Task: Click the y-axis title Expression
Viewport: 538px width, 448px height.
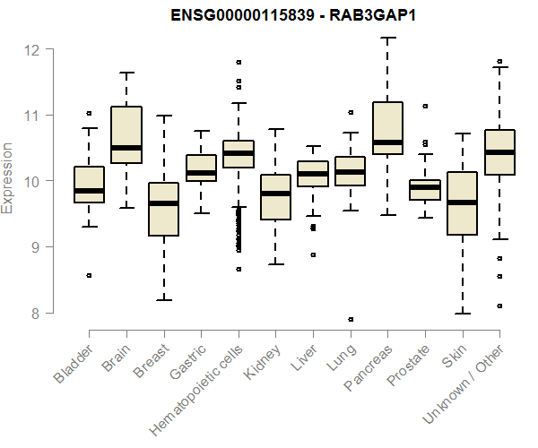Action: [x=9, y=179]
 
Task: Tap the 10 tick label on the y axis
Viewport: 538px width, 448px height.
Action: [x=35, y=181]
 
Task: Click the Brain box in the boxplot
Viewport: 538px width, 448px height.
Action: [x=126, y=134]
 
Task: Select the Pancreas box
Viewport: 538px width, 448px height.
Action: [x=387, y=128]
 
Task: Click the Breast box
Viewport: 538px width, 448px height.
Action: [x=163, y=209]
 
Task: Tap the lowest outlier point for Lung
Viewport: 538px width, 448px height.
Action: [x=350, y=319]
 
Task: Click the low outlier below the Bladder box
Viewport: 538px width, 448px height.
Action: [x=89, y=276]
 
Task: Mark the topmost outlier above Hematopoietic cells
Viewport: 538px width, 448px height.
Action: [x=239, y=63]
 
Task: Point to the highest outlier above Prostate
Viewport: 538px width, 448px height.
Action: [x=425, y=106]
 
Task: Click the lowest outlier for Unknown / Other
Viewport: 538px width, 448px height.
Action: [x=499, y=306]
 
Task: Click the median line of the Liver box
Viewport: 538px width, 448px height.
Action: [x=313, y=174]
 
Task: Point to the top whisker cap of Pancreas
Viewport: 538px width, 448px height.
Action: [x=387, y=39]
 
